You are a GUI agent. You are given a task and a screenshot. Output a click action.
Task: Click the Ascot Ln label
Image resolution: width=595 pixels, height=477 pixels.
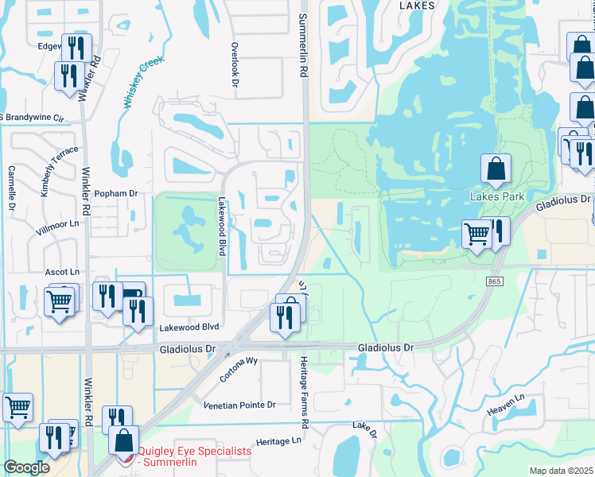[x=61, y=272]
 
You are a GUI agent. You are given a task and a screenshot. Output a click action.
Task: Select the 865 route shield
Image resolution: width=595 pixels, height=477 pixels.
[x=496, y=281]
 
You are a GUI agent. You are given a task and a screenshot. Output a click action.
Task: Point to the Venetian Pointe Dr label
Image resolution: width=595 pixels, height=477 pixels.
[x=239, y=405]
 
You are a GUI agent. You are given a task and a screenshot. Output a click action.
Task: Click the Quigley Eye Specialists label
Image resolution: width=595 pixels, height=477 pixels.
[x=194, y=456]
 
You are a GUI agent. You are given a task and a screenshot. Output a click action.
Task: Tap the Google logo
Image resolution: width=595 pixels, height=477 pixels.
[x=26, y=467]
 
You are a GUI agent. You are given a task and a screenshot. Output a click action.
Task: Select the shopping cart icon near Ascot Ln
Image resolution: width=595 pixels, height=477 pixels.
[x=60, y=303]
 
